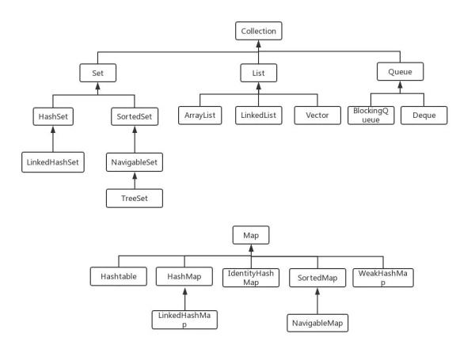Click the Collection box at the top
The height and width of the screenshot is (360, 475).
click(259, 32)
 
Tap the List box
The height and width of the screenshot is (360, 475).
click(258, 74)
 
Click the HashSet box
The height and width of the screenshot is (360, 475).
click(52, 116)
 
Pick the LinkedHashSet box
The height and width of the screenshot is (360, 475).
click(52, 162)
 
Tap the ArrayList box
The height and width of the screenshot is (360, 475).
click(200, 116)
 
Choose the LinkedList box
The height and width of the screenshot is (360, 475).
click(258, 116)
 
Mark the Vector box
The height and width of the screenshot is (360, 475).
click(316, 116)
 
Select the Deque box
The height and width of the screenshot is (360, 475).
click(423, 116)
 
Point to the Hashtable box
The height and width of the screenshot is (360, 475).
click(119, 277)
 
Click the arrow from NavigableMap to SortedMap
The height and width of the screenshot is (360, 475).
click(316, 301)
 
